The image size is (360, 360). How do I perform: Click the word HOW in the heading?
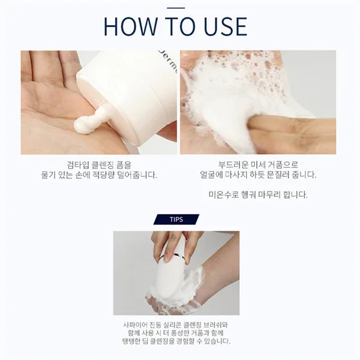pos(130,26)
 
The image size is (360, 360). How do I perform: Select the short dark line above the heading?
pos(176,8)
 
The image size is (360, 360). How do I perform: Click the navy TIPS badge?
pos(176,219)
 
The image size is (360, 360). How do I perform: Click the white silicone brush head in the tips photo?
pos(169,280)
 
